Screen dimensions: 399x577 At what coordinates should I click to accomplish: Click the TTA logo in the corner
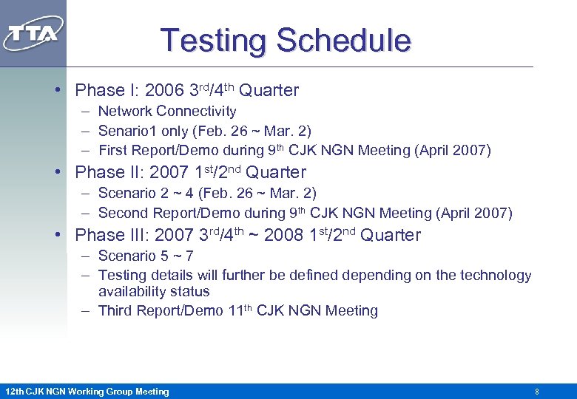coord(33,33)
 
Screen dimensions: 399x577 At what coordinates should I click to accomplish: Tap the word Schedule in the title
coord(345,40)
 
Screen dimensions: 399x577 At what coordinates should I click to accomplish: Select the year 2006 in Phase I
coord(163,91)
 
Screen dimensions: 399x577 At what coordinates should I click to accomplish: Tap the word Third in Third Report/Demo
coord(115,311)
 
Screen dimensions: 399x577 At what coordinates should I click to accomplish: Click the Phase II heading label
coord(107,173)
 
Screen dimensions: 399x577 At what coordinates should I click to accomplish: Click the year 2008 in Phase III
coord(283,236)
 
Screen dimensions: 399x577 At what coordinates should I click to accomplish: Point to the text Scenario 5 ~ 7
coord(146,256)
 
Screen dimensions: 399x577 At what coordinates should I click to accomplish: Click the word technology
coord(496,276)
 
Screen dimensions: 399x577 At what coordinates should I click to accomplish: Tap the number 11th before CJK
coord(240,310)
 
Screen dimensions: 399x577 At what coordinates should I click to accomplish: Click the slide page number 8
coord(536,391)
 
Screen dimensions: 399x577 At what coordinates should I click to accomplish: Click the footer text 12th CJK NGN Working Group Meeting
coord(87,391)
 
